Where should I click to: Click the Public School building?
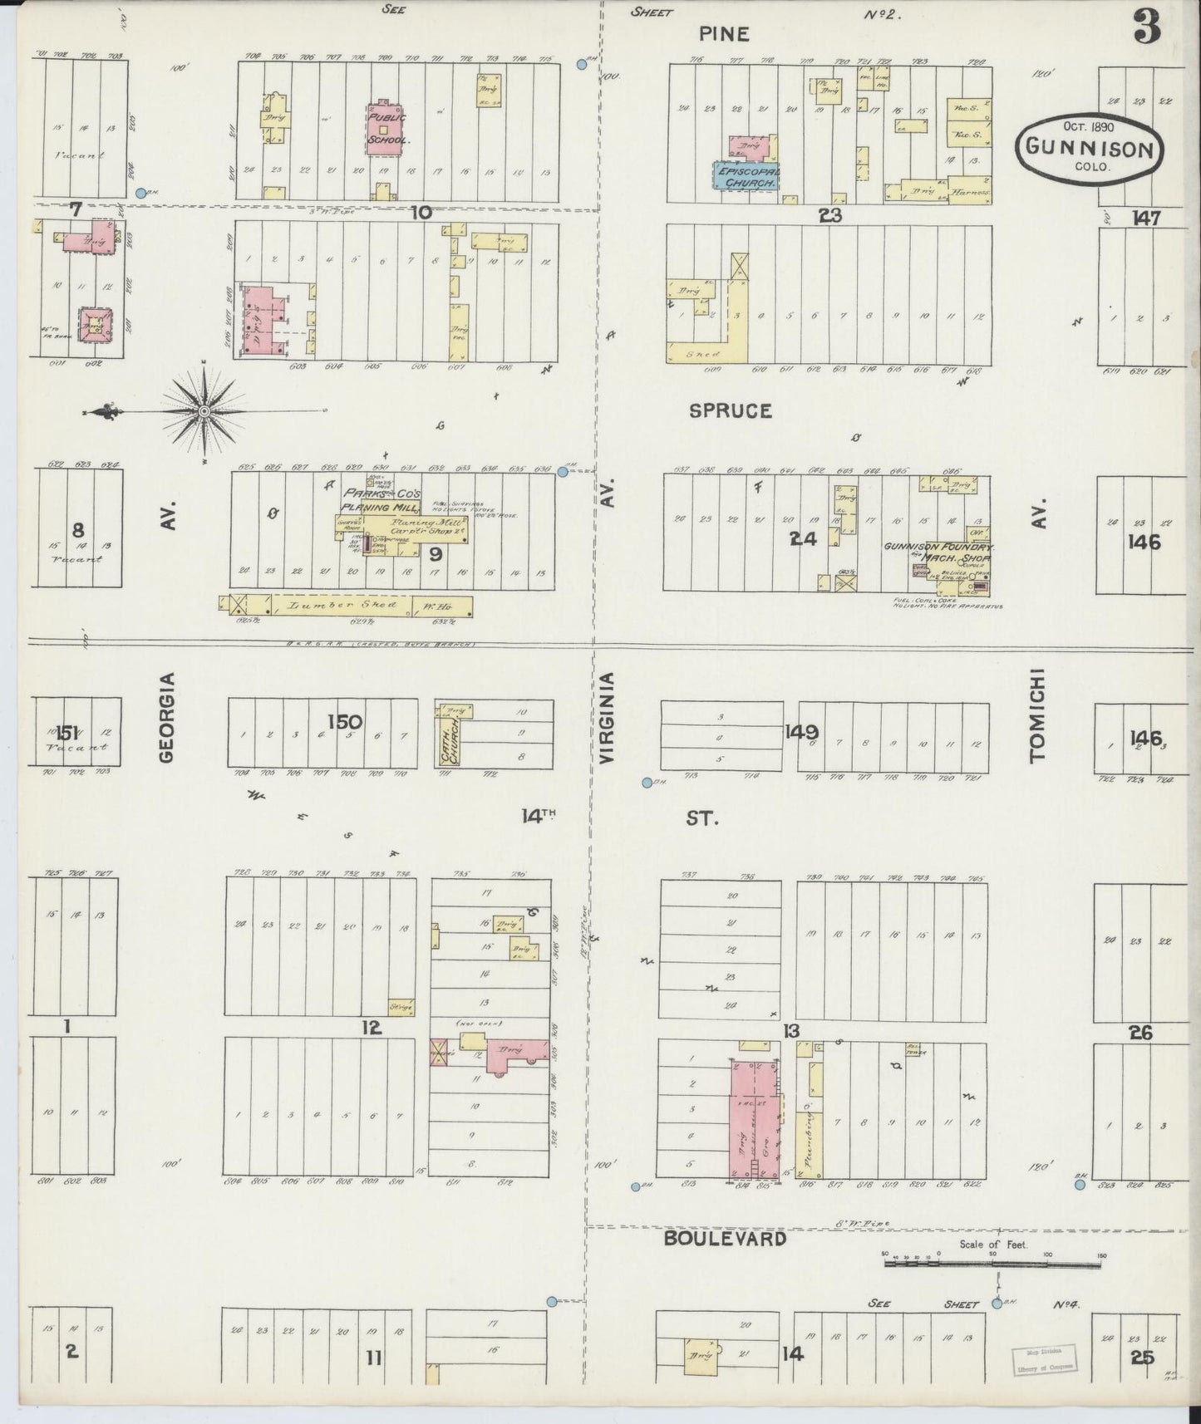(x=383, y=128)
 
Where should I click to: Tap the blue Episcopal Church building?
(x=746, y=175)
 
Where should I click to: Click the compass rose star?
(x=204, y=411)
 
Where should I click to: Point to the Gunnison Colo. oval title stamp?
(x=1090, y=150)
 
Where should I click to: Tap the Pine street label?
(x=723, y=34)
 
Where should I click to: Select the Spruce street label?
(x=730, y=411)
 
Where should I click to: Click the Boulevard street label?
(x=725, y=1239)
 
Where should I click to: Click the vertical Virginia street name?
(x=607, y=719)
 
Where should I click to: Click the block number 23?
(x=829, y=215)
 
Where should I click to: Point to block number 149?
(x=801, y=732)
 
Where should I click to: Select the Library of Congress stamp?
(x=1044, y=1358)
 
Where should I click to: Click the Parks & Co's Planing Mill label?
(x=382, y=499)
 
